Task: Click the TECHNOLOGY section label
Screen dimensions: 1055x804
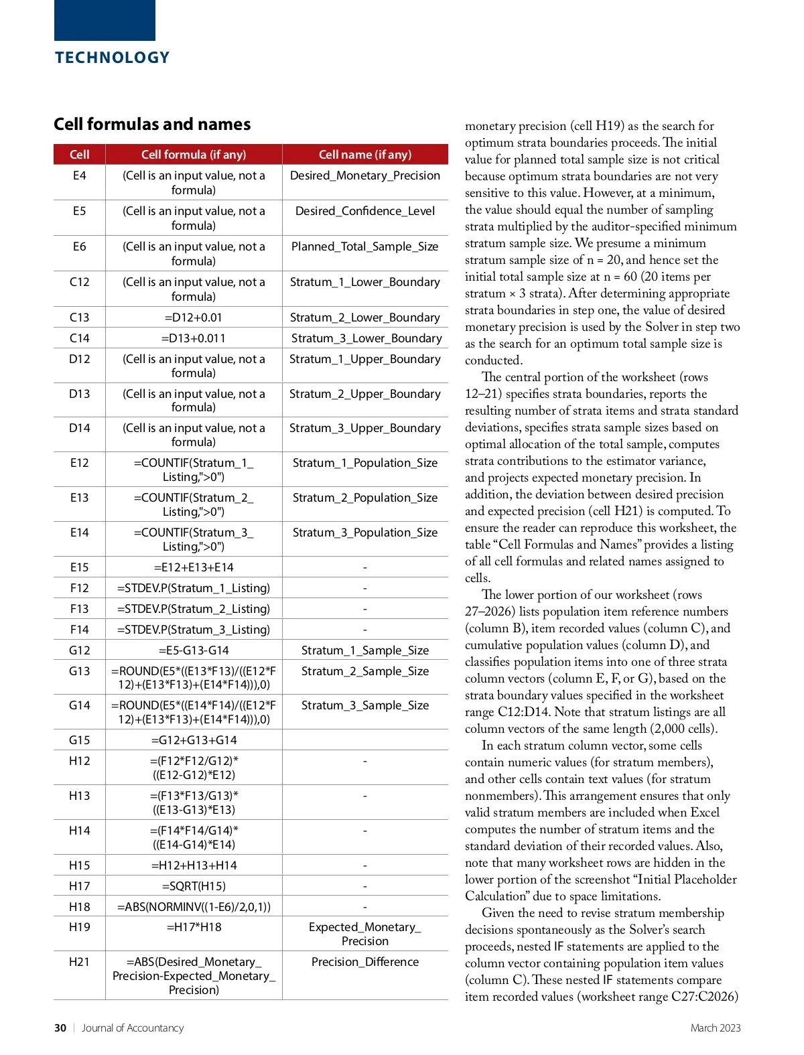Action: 112,58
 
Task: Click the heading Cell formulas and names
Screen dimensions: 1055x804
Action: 152,124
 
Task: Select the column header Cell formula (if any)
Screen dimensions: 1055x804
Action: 194,155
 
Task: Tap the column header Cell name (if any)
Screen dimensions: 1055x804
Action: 365,155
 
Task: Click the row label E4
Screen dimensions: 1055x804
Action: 79,175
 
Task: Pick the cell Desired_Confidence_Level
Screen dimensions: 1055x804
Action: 365,211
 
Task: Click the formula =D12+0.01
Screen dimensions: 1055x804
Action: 194,318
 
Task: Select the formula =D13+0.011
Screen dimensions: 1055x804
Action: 194,338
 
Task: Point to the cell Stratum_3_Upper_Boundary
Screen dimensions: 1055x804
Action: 365,428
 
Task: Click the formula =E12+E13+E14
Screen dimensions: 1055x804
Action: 194,567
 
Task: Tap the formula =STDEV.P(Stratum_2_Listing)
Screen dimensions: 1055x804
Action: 194,609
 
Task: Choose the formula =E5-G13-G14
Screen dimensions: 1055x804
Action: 194,650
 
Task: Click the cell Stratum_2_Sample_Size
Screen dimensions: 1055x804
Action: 365,671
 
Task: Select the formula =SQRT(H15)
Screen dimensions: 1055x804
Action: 194,886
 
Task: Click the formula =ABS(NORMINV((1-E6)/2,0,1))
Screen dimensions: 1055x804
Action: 194,907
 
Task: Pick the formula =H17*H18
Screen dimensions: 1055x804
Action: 194,928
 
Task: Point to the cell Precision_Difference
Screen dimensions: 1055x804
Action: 365,962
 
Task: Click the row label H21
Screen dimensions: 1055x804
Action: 79,962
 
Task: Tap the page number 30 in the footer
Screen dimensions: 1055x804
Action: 60,1028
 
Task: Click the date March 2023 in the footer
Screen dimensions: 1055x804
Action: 716,1028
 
